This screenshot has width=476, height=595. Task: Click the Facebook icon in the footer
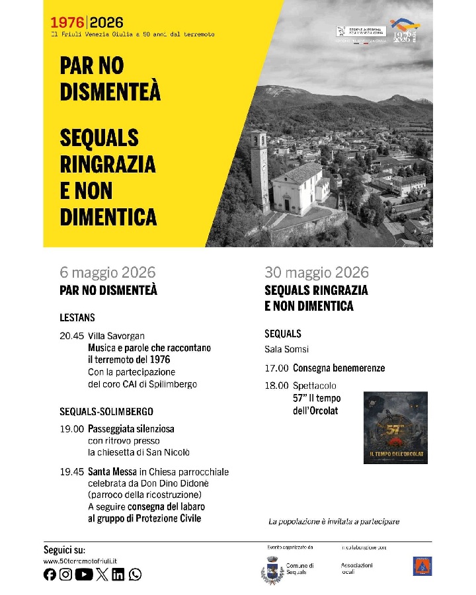click(50, 575)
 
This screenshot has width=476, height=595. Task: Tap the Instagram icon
click(66, 575)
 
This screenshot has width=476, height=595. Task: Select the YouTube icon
click(84, 575)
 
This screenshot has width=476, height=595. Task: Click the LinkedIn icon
click(118, 575)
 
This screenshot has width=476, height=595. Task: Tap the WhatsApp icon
click(136, 575)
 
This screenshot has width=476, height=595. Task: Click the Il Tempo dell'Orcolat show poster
click(395, 427)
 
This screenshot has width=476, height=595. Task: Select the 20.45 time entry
click(72, 336)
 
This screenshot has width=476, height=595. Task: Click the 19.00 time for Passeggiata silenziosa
click(72, 428)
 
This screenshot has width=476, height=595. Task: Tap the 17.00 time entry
click(276, 368)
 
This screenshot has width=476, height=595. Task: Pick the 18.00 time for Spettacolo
click(276, 385)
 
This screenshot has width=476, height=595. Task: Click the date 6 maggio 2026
click(108, 272)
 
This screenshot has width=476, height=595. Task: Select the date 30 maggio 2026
click(317, 272)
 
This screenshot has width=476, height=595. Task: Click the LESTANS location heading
click(77, 317)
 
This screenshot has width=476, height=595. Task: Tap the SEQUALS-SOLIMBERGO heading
click(106, 411)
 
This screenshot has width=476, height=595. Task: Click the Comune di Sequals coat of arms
click(272, 570)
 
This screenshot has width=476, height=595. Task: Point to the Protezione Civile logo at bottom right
click(422, 566)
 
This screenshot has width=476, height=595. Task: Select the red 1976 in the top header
click(68, 23)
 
